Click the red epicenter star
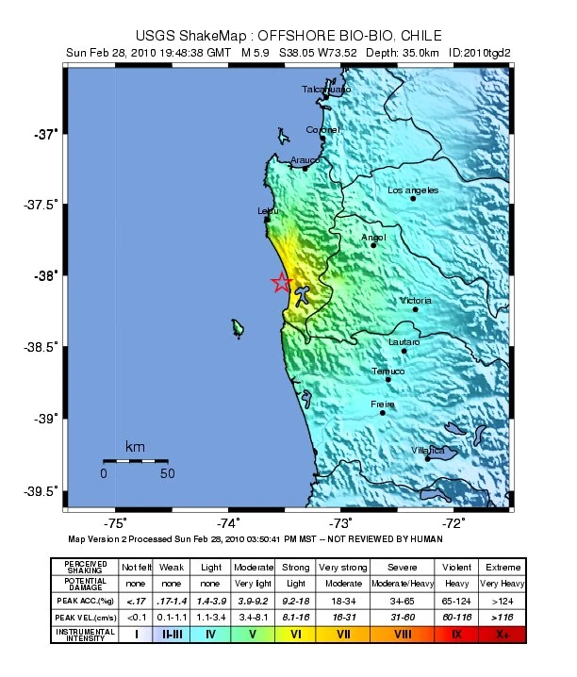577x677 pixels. [281, 282]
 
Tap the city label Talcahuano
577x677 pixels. [326, 90]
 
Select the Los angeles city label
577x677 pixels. [413, 190]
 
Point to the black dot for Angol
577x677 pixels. [373, 245]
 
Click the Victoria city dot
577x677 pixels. [415, 308]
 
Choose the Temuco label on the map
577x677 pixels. [387, 371]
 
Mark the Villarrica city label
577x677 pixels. [428, 451]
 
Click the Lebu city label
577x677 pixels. [268, 211]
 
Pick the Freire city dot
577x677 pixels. [383, 412]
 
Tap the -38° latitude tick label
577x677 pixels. [43, 276]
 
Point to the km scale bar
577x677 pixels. [135, 460]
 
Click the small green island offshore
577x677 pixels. [238, 327]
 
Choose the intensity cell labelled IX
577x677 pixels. [457, 634]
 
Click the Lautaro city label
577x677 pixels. [404, 341]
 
